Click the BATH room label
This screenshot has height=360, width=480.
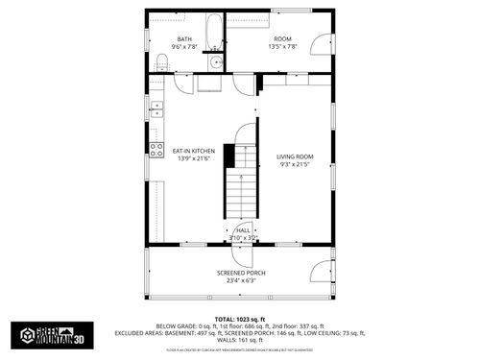(x=183, y=39)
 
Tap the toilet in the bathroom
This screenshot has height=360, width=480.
(x=162, y=62)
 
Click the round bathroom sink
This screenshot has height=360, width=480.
(x=216, y=62)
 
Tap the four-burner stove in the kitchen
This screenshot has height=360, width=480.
(x=156, y=149)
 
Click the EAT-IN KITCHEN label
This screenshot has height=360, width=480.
(x=193, y=151)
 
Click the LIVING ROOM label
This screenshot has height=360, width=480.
(x=295, y=156)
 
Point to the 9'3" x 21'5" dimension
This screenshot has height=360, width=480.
(x=295, y=164)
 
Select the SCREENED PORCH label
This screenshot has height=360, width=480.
(x=240, y=273)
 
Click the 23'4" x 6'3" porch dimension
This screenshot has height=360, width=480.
(x=240, y=280)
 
